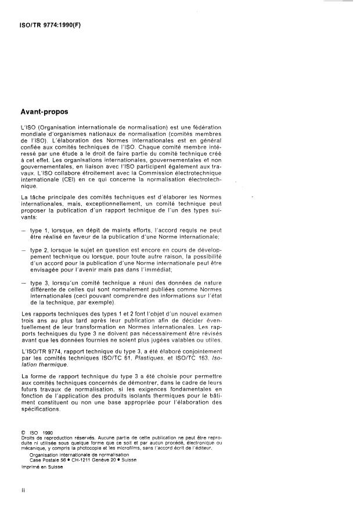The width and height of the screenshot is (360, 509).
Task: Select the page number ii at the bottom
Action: [x=23, y=490]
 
